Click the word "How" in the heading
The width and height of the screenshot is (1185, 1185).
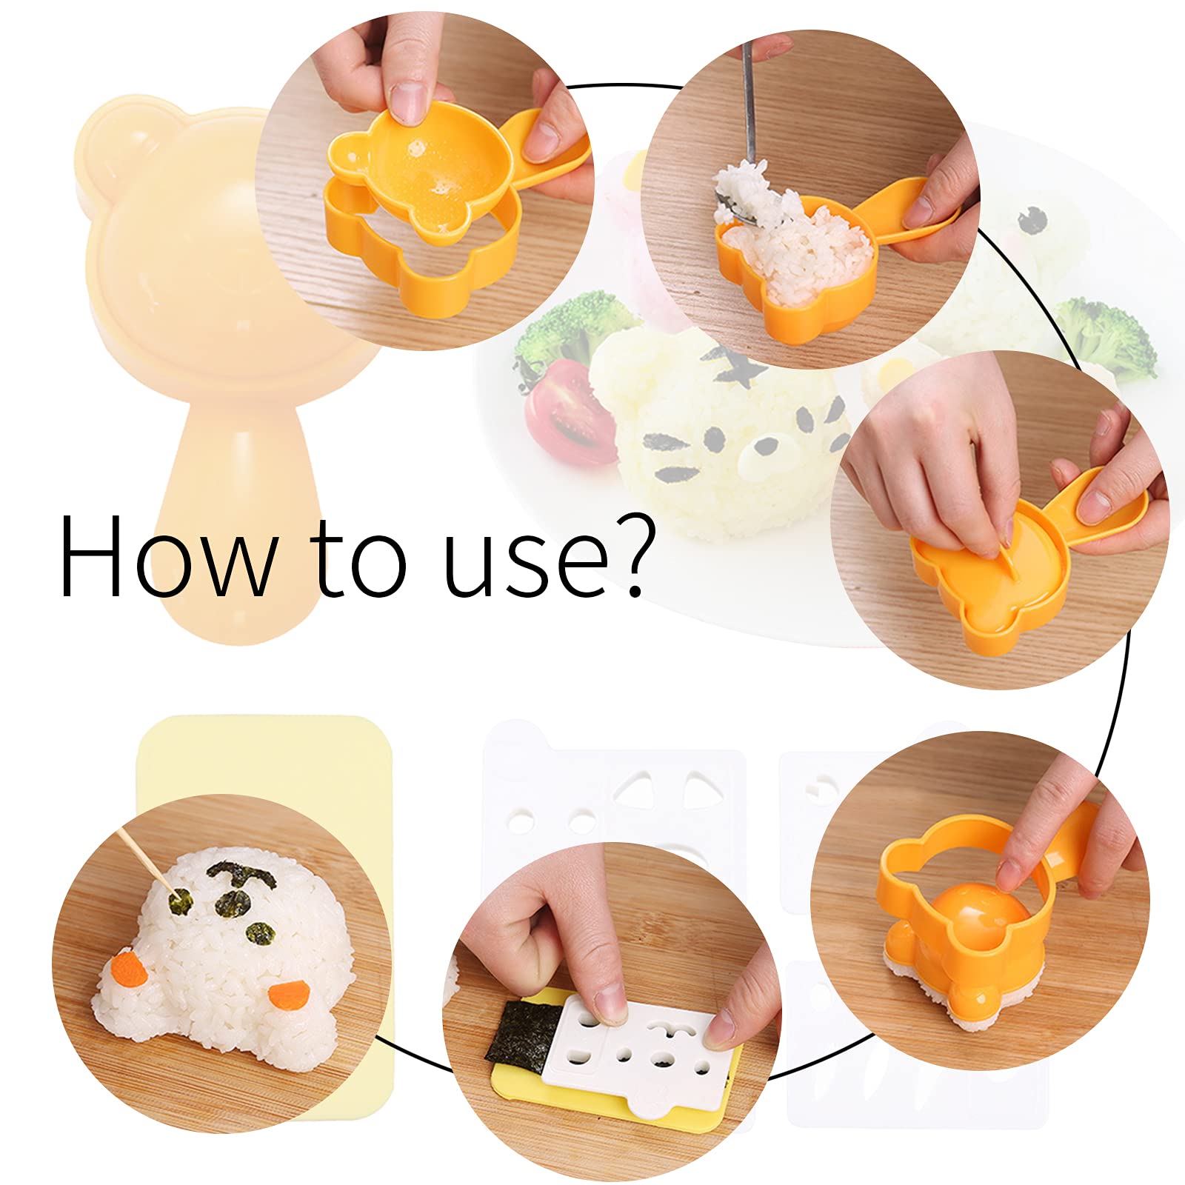(167, 555)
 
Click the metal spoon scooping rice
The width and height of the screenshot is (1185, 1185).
(748, 111)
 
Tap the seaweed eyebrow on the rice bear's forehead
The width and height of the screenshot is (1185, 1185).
(241, 874)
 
